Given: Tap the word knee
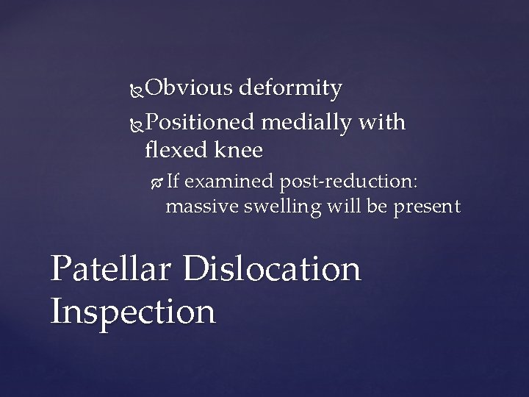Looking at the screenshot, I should tap(240, 150).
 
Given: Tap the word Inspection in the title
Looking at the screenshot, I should tap(133, 311).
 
